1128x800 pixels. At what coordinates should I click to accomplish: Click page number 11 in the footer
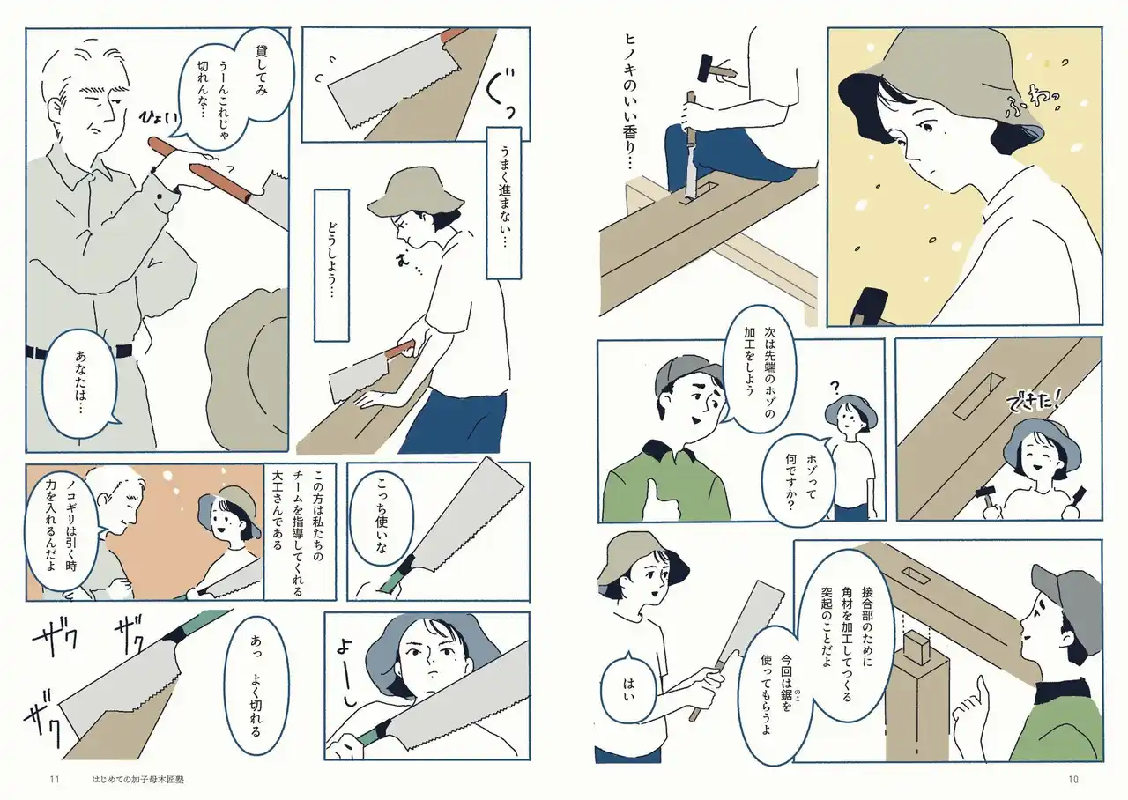click(x=55, y=779)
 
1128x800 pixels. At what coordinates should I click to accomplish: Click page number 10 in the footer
click(x=1073, y=779)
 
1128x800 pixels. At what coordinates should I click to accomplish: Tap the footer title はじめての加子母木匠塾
click(x=138, y=780)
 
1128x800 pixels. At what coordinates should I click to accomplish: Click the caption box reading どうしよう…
click(x=331, y=266)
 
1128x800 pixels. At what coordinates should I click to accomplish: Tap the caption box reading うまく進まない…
click(x=503, y=203)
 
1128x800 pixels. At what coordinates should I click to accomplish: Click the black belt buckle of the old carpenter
click(x=124, y=351)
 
